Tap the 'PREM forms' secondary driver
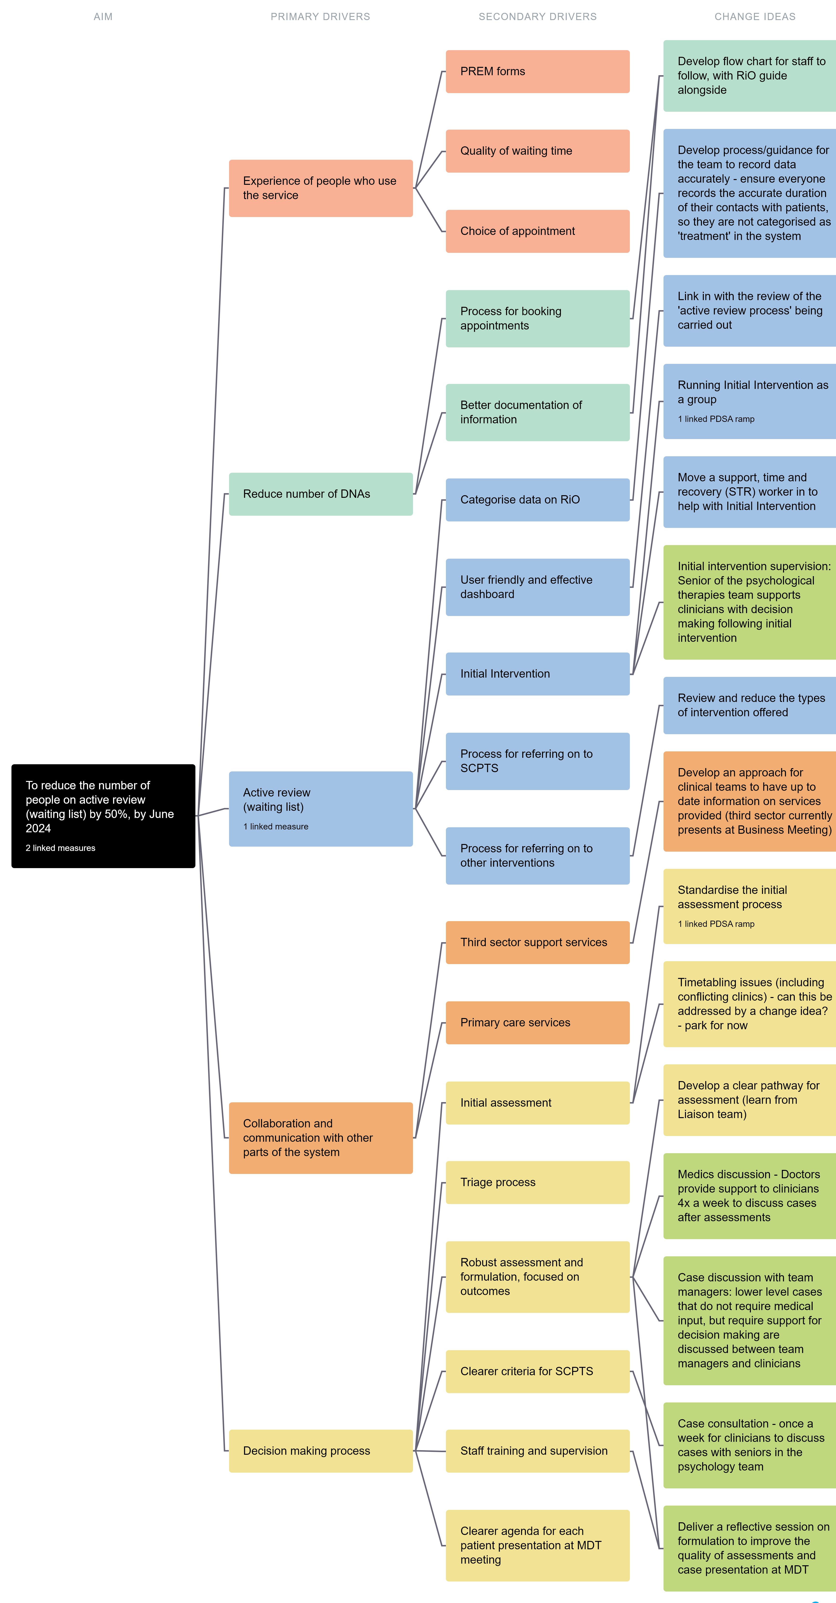(538, 72)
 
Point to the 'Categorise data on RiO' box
(538, 500)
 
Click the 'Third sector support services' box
(538, 942)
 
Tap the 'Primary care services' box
(538, 1022)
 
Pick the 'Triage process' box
(538, 1182)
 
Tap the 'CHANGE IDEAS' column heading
(754, 17)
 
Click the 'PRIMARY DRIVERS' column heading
(320, 17)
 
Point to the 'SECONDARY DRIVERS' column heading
(538, 17)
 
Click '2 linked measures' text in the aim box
(60, 848)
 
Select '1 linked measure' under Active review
(276, 826)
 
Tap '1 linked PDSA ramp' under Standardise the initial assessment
(716, 924)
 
